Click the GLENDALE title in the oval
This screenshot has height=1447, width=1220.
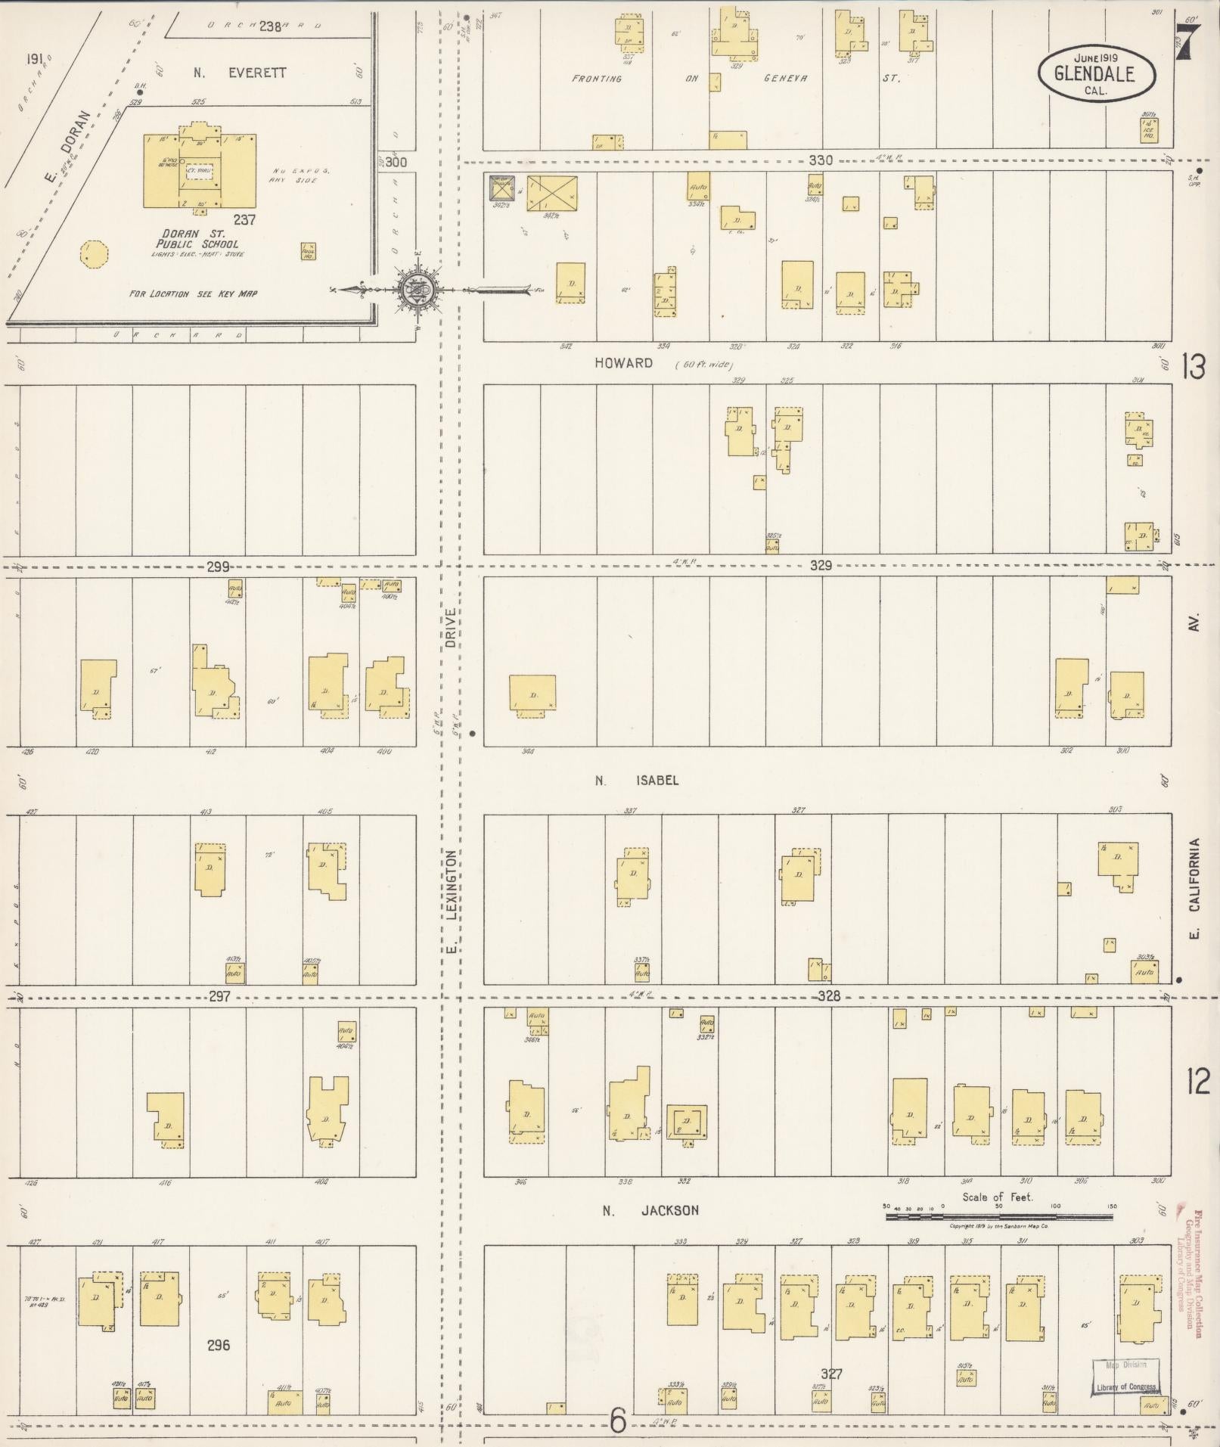coord(1094,74)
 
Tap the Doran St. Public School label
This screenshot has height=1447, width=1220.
coord(197,239)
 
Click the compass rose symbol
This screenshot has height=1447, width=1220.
coord(416,288)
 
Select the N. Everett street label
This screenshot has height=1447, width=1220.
coord(240,73)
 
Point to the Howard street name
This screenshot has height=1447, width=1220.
coord(623,363)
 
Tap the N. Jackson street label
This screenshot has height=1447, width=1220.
coord(650,1210)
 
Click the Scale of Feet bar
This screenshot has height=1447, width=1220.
coord(998,1216)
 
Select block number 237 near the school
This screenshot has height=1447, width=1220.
coord(244,220)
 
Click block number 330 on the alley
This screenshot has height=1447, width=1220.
coord(820,160)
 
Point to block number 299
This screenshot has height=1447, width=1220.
coord(219,566)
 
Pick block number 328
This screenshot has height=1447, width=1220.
coord(829,996)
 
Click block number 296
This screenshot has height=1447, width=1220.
coord(218,1345)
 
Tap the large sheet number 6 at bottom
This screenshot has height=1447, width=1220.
coord(618,1422)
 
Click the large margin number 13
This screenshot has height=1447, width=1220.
coord(1195,368)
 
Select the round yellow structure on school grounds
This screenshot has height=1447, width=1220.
coord(94,253)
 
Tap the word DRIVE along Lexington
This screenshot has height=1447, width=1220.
coord(451,627)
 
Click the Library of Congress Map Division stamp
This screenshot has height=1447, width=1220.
coord(1125,1376)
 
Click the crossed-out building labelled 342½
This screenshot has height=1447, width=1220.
coord(551,194)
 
